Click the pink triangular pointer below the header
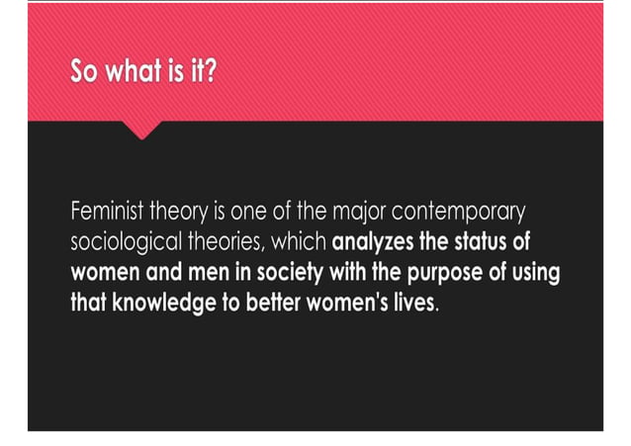(145, 129)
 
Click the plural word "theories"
(233, 242)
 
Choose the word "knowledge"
(157, 303)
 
